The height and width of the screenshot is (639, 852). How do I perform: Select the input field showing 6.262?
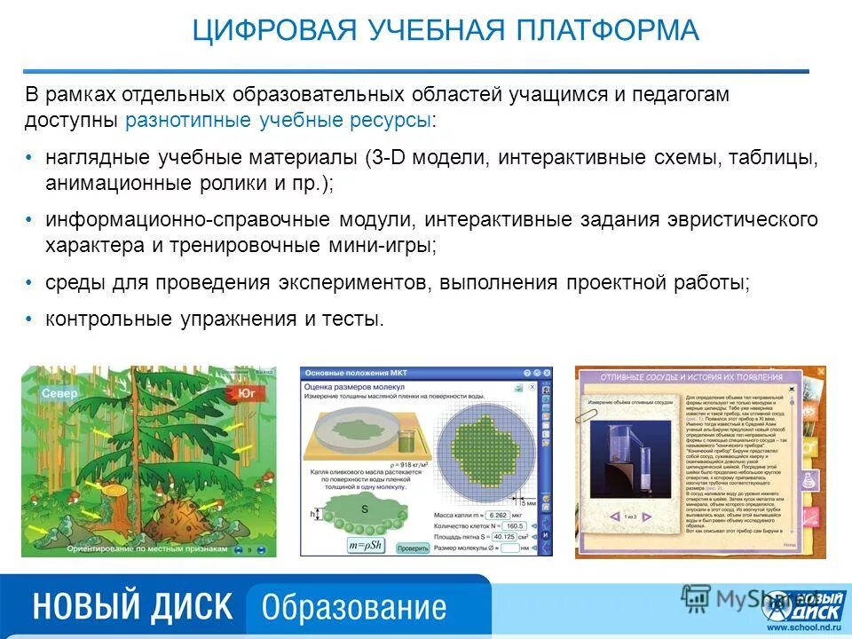(x=497, y=515)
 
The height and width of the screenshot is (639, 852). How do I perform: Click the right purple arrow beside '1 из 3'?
(x=664, y=515)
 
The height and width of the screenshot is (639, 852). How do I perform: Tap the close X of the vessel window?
(x=795, y=377)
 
